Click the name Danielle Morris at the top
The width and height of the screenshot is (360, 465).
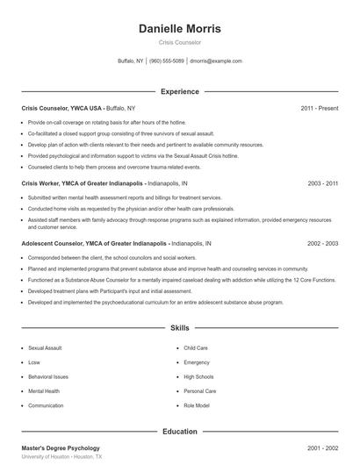click(x=180, y=28)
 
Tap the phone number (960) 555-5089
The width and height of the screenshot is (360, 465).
click(x=167, y=61)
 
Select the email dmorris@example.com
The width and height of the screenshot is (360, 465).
click(x=216, y=61)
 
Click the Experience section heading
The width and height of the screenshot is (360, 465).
click(x=180, y=91)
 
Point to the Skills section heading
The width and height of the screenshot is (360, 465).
click(x=180, y=327)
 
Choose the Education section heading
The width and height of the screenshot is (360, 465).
click(x=180, y=432)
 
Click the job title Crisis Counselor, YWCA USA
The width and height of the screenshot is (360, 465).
click(x=54, y=108)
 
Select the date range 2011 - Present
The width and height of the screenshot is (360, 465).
click(x=319, y=108)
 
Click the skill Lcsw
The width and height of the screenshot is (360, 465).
click(x=35, y=361)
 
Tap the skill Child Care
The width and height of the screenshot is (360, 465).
click(x=196, y=347)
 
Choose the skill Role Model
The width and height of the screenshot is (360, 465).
click(x=197, y=405)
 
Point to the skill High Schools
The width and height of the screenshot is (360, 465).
click(x=198, y=376)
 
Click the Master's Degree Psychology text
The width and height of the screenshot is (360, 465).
click(x=61, y=448)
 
